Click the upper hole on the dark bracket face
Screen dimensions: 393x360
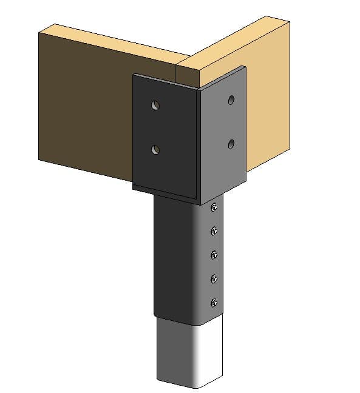pos(157,105)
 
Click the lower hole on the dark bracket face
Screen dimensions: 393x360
pos(157,149)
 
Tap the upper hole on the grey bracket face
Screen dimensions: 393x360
pos(231,100)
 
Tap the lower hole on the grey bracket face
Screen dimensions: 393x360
pos(231,144)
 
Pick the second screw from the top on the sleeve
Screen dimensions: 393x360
pos(214,231)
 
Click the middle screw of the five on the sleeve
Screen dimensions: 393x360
pos(214,255)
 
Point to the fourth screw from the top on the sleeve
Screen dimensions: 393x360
pos(214,278)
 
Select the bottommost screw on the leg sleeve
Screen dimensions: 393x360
pos(214,302)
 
